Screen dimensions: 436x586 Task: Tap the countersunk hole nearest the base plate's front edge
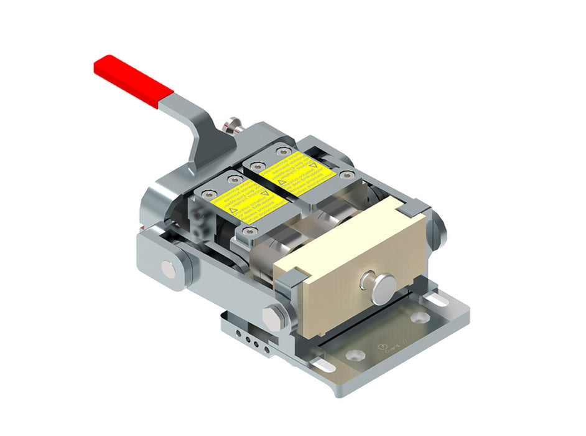point(355,355)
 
